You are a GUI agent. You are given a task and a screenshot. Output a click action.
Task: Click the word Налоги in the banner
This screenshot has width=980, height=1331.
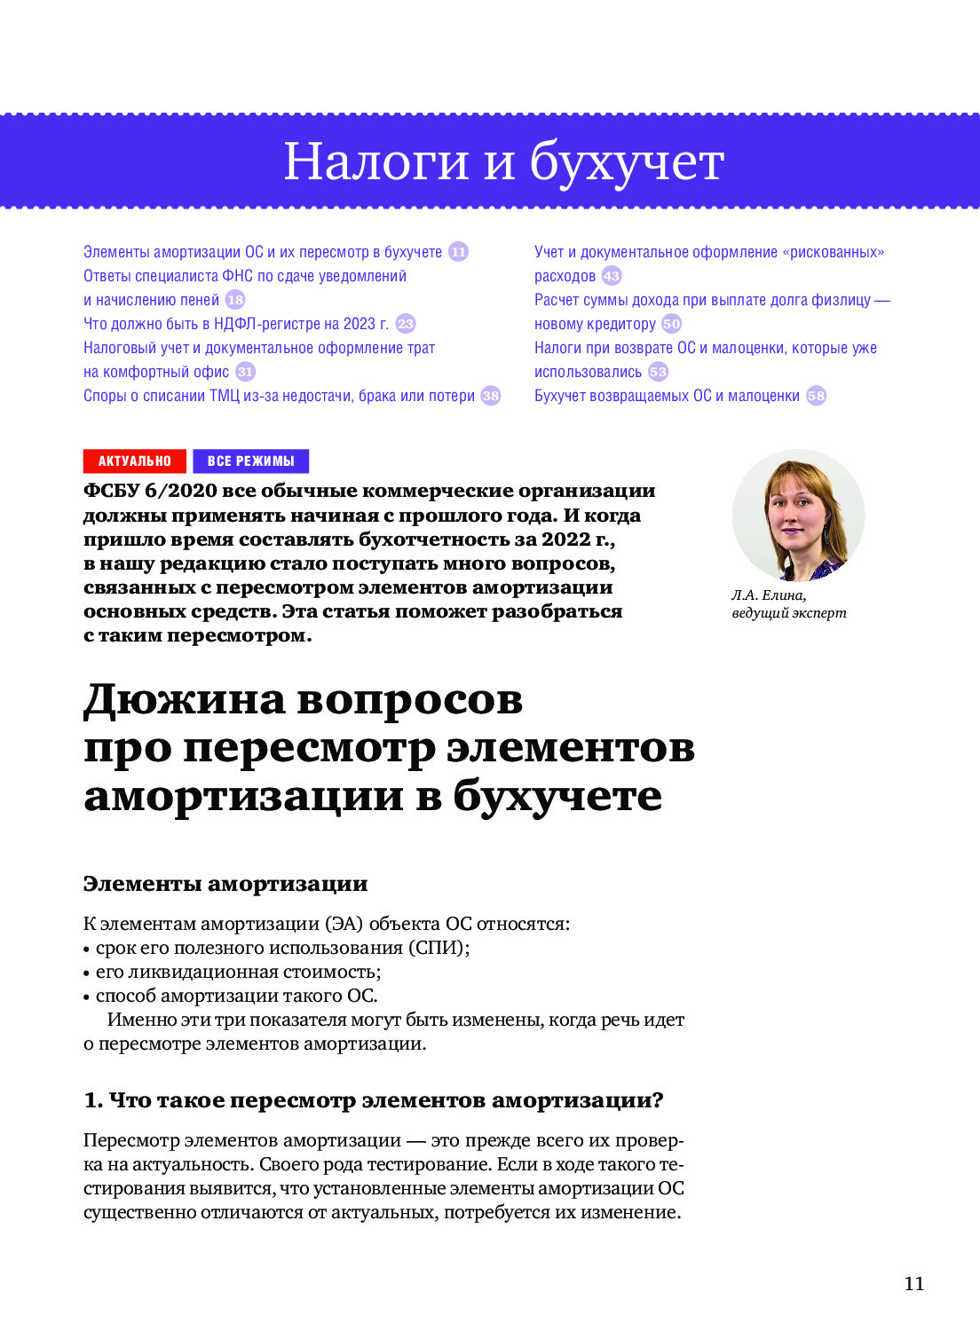coord(376,162)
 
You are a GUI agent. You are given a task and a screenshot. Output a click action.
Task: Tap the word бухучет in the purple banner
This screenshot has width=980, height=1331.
coord(627,162)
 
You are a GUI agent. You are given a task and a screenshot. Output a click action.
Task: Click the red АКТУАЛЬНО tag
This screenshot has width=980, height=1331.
coord(134,461)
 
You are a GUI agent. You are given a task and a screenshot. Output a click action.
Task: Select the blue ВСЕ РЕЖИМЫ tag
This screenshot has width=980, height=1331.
coord(250,461)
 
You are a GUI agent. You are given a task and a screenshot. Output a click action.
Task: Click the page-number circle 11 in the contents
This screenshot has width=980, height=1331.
coord(458,252)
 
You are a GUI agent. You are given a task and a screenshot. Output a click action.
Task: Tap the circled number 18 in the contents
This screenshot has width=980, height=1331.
coord(235,300)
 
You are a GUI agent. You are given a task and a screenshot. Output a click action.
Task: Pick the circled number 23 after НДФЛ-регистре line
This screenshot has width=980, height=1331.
coord(406,324)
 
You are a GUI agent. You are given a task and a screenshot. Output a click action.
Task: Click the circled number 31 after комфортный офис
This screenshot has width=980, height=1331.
coord(246,372)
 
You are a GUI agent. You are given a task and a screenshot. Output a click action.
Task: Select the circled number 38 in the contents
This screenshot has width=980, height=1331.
coord(491,396)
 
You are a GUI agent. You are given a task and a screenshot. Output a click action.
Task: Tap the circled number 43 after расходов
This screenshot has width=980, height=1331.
coord(612,276)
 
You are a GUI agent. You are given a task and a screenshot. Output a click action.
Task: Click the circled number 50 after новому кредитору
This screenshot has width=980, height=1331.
coord(672,324)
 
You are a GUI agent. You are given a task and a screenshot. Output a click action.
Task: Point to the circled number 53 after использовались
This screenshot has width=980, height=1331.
coord(658,372)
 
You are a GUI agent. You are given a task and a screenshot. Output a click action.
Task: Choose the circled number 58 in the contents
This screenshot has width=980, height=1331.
coord(816,396)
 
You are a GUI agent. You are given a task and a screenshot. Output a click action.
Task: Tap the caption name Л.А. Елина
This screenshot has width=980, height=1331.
coord(769,595)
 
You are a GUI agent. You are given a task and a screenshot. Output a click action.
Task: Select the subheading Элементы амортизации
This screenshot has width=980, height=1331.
coord(225,884)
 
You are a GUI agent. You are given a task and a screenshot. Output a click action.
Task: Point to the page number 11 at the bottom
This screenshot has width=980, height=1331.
coord(914,1283)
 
